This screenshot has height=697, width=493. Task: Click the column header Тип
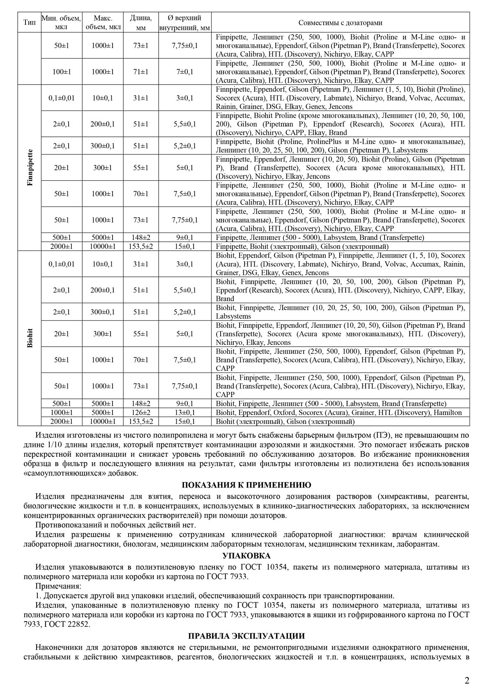(x=29, y=23)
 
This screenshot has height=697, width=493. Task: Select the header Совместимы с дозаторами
(x=340, y=23)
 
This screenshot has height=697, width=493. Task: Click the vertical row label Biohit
(x=30, y=338)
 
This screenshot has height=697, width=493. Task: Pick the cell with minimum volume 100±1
(x=62, y=72)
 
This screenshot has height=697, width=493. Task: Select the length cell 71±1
(x=141, y=72)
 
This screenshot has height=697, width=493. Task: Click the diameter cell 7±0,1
(x=184, y=72)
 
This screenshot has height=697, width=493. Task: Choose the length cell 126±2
(x=141, y=412)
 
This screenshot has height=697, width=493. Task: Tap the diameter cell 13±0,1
(x=184, y=412)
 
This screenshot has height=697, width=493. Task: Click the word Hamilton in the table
(x=448, y=412)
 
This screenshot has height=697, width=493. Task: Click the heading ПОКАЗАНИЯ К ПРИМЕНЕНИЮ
(x=246, y=485)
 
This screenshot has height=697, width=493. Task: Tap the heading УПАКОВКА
(x=246, y=556)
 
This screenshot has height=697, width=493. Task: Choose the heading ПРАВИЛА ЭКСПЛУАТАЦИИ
(x=246, y=636)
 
